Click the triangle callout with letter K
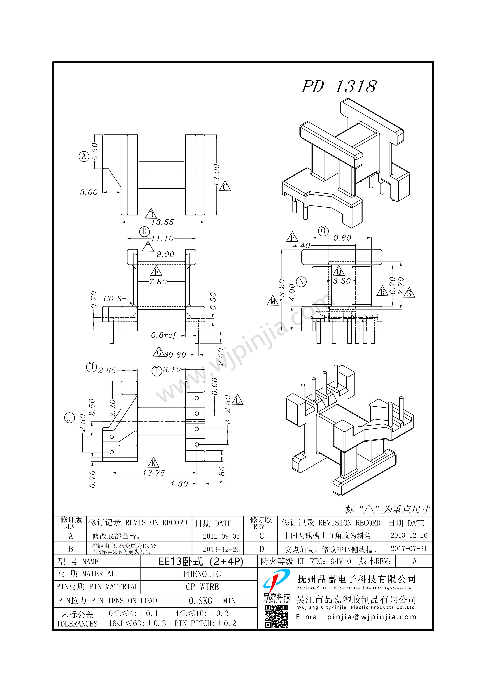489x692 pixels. [154, 463]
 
